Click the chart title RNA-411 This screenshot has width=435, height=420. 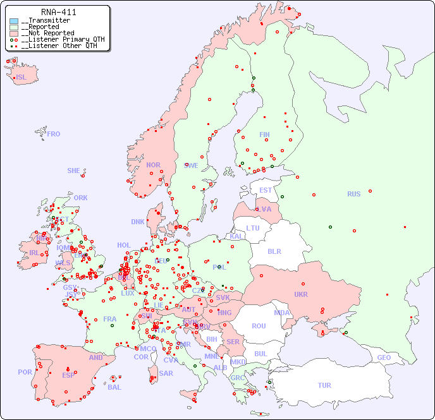point(58,12)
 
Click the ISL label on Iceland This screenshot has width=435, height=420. point(21,78)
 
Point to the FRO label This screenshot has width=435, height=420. point(54,134)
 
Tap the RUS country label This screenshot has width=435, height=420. point(353,194)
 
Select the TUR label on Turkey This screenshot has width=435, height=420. point(324,385)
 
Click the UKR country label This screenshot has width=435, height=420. point(301,294)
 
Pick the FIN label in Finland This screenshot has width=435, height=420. point(264,135)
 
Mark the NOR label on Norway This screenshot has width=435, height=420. point(153,165)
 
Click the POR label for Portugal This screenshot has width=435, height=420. point(25,372)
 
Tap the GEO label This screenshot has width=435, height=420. point(384,357)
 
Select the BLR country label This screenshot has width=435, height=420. point(274,251)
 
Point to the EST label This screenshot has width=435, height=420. point(266,190)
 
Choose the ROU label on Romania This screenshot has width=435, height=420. point(259,326)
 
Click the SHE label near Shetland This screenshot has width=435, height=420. point(74,171)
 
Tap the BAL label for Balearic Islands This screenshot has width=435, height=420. point(114,387)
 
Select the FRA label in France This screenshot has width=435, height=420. point(110,319)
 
